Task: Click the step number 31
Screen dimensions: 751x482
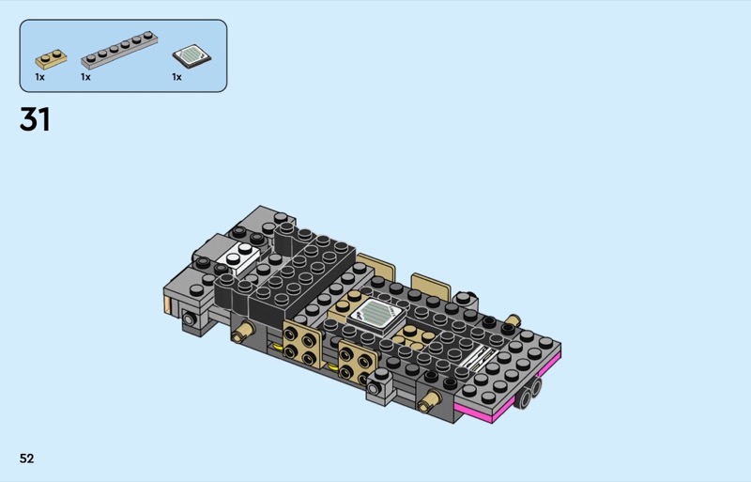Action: (35, 119)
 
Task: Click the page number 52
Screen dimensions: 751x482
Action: (27, 459)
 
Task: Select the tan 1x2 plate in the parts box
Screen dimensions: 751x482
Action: (51, 59)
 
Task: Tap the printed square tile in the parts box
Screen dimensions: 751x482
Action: (192, 56)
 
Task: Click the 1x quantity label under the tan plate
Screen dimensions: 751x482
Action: (39, 77)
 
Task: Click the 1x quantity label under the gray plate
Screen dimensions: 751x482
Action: (85, 77)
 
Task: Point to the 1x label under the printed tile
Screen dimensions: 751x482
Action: (176, 77)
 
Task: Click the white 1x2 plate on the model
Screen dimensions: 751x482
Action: (238, 258)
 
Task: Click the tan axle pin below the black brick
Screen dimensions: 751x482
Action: (243, 332)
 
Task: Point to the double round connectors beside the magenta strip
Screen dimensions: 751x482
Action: (529, 393)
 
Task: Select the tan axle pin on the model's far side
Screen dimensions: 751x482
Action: (512, 319)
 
